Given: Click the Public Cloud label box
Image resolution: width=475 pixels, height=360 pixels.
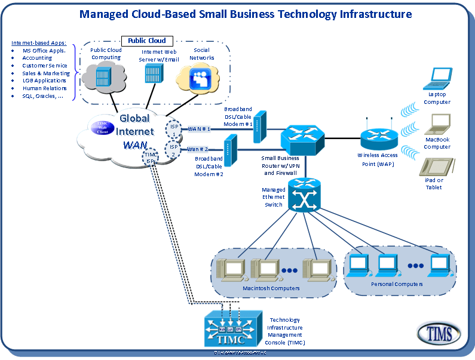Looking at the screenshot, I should click(147, 41).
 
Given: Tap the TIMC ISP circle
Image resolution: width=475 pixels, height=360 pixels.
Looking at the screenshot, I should click(151, 158).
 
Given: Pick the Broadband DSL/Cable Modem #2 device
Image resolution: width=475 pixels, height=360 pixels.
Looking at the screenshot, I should click(230, 149).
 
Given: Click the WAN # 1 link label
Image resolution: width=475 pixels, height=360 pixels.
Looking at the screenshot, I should click(199, 129).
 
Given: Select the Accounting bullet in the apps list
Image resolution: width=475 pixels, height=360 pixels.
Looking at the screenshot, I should click(37, 59).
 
